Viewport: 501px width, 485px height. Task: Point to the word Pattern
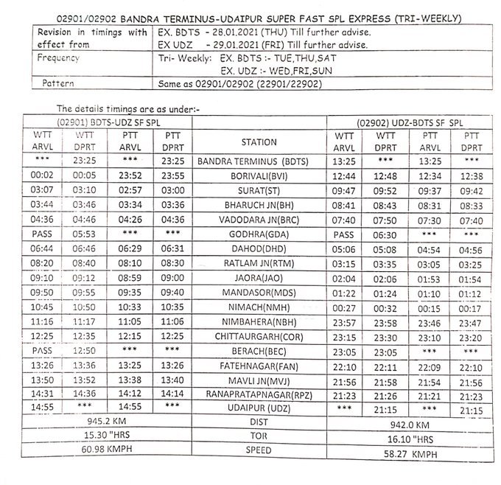[59, 84]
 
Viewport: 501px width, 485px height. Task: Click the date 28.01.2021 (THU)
[249, 34]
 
